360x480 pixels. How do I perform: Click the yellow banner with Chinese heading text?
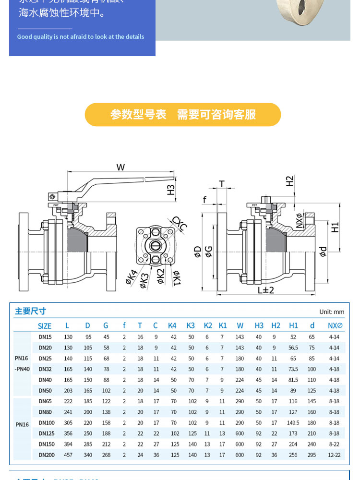(183, 115)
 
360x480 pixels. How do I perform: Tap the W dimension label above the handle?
(120, 167)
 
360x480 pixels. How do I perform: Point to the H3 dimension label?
(171, 190)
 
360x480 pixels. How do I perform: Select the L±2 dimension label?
(265, 290)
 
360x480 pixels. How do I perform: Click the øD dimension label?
(197, 252)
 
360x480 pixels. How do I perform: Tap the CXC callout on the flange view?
(180, 224)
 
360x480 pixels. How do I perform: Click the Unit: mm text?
(332, 312)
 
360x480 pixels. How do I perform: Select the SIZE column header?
(45, 326)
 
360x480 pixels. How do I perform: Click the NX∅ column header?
(335, 326)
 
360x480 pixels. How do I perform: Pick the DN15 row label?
(45, 337)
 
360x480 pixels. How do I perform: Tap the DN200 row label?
(46, 455)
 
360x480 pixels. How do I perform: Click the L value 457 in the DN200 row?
(68, 455)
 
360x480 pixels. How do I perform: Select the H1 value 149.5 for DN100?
(293, 423)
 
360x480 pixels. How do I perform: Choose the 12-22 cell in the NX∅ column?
(334, 455)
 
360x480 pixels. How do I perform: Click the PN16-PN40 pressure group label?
(22, 363)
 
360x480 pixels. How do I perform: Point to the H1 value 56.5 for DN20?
(293, 348)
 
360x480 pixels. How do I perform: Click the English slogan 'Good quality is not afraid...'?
(81, 37)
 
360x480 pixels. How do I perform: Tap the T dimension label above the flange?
(222, 183)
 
